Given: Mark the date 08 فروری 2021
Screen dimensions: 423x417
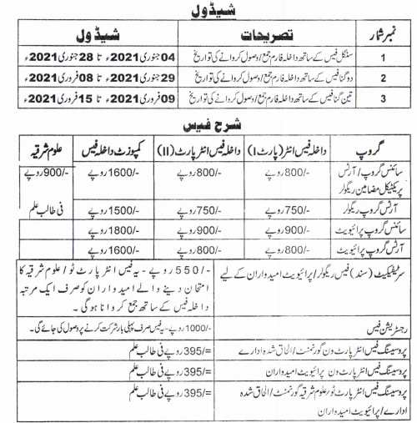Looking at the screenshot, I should point(48,80).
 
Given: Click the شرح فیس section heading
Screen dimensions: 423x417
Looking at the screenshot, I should point(208,124).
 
